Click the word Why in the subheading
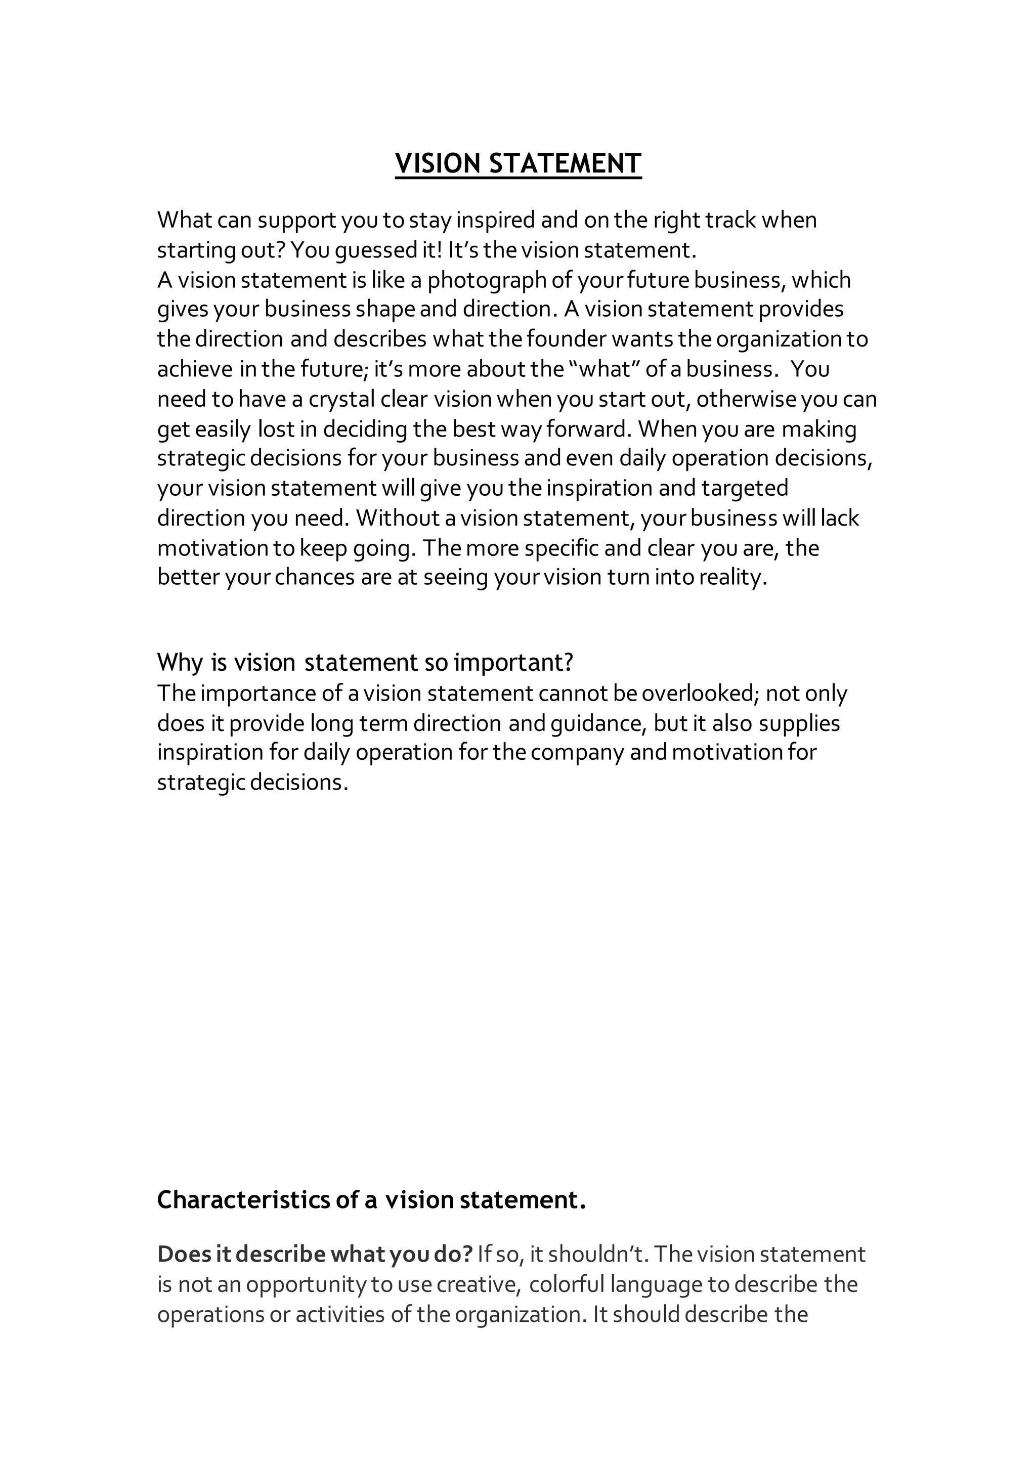point(180,663)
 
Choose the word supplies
point(800,723)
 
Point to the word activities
point(340,1314)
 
